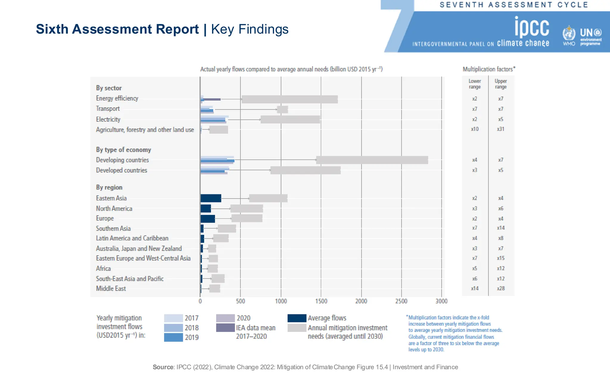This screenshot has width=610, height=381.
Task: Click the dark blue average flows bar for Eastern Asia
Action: pos(211,198)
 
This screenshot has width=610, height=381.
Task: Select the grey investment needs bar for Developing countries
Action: pos(372,160)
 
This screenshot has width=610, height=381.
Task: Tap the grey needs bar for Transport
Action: pos(282,110)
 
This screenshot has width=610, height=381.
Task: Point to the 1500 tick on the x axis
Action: pos(321,301)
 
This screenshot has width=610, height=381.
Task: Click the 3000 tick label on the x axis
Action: pos(441,301)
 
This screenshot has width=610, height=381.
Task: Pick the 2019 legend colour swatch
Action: pos(173,337)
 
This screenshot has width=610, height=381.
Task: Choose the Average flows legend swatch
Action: pos(297,318)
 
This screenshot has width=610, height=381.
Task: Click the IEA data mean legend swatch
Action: pos(225,328)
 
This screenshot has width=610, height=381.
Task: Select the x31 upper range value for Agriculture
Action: pos(500,129)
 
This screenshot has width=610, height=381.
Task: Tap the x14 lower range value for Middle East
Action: pos(474,288)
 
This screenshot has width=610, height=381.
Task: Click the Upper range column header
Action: pos(500,84)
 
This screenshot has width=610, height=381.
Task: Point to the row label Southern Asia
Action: pos(113,229)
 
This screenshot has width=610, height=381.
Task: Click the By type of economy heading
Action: pos(123,150)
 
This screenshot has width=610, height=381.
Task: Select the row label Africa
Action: pos(103,268)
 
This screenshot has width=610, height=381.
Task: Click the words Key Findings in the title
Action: pos(250,29)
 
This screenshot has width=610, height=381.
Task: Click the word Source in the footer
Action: pos(163,367)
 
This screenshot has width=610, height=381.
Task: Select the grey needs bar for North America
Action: pos(247,209)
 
